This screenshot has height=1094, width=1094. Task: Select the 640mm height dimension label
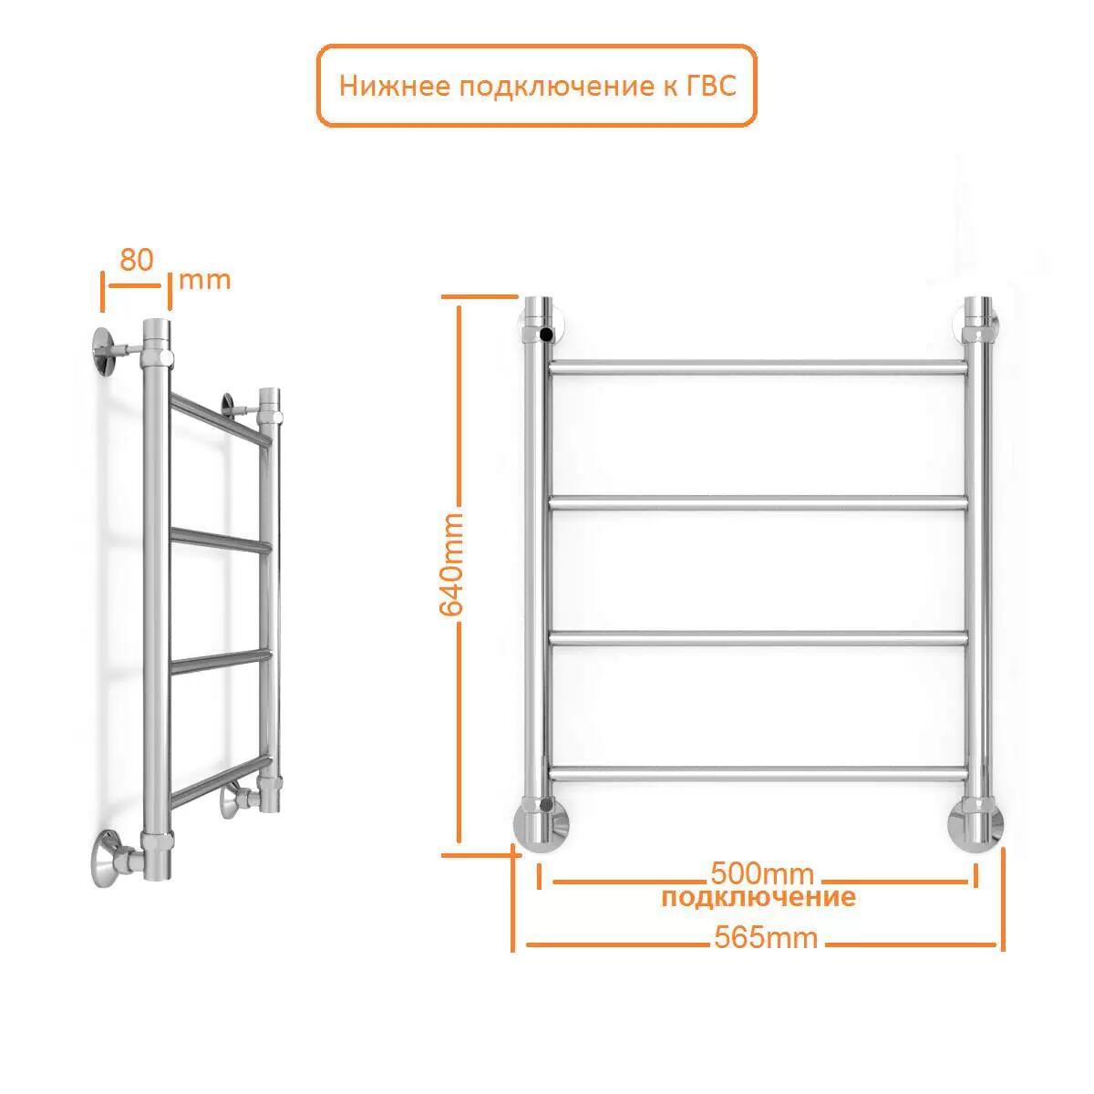point(452,565)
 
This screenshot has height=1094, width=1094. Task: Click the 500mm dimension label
point(762,873)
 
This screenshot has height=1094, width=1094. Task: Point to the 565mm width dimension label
point(766,937)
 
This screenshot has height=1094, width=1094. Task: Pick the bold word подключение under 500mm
point(759,898)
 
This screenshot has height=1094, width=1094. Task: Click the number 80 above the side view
point(136,260)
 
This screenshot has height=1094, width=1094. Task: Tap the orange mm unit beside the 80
point(205,281)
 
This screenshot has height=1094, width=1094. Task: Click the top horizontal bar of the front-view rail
point(759,368)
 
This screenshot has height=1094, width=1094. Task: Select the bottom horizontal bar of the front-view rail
point(759,774)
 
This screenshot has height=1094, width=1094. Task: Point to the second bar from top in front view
point(759,503)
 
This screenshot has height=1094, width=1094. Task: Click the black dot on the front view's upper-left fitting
point(547,335)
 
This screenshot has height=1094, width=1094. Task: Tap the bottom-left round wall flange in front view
point(541,829)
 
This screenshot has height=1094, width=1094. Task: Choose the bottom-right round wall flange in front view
point(975,829)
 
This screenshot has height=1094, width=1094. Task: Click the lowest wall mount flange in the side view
point(108,859)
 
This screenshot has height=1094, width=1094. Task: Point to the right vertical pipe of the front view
point(979,568)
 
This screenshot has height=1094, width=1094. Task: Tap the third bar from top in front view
point(759,639)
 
